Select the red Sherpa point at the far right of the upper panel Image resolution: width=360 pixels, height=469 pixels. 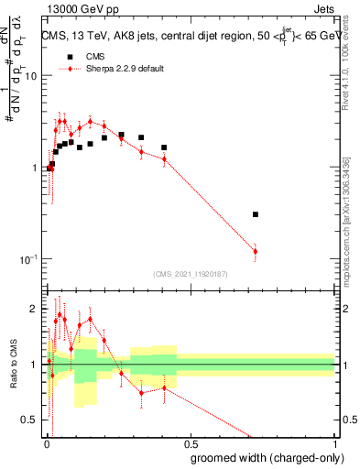pos(255,251)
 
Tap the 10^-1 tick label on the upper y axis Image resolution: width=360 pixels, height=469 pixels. pos(27,259)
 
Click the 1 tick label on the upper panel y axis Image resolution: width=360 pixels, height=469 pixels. pos(34,169)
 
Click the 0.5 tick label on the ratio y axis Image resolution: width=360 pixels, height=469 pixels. pos(29,420)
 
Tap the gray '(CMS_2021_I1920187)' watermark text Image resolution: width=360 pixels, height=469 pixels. pos(190,273)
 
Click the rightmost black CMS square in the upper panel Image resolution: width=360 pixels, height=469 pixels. pos(255,214)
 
